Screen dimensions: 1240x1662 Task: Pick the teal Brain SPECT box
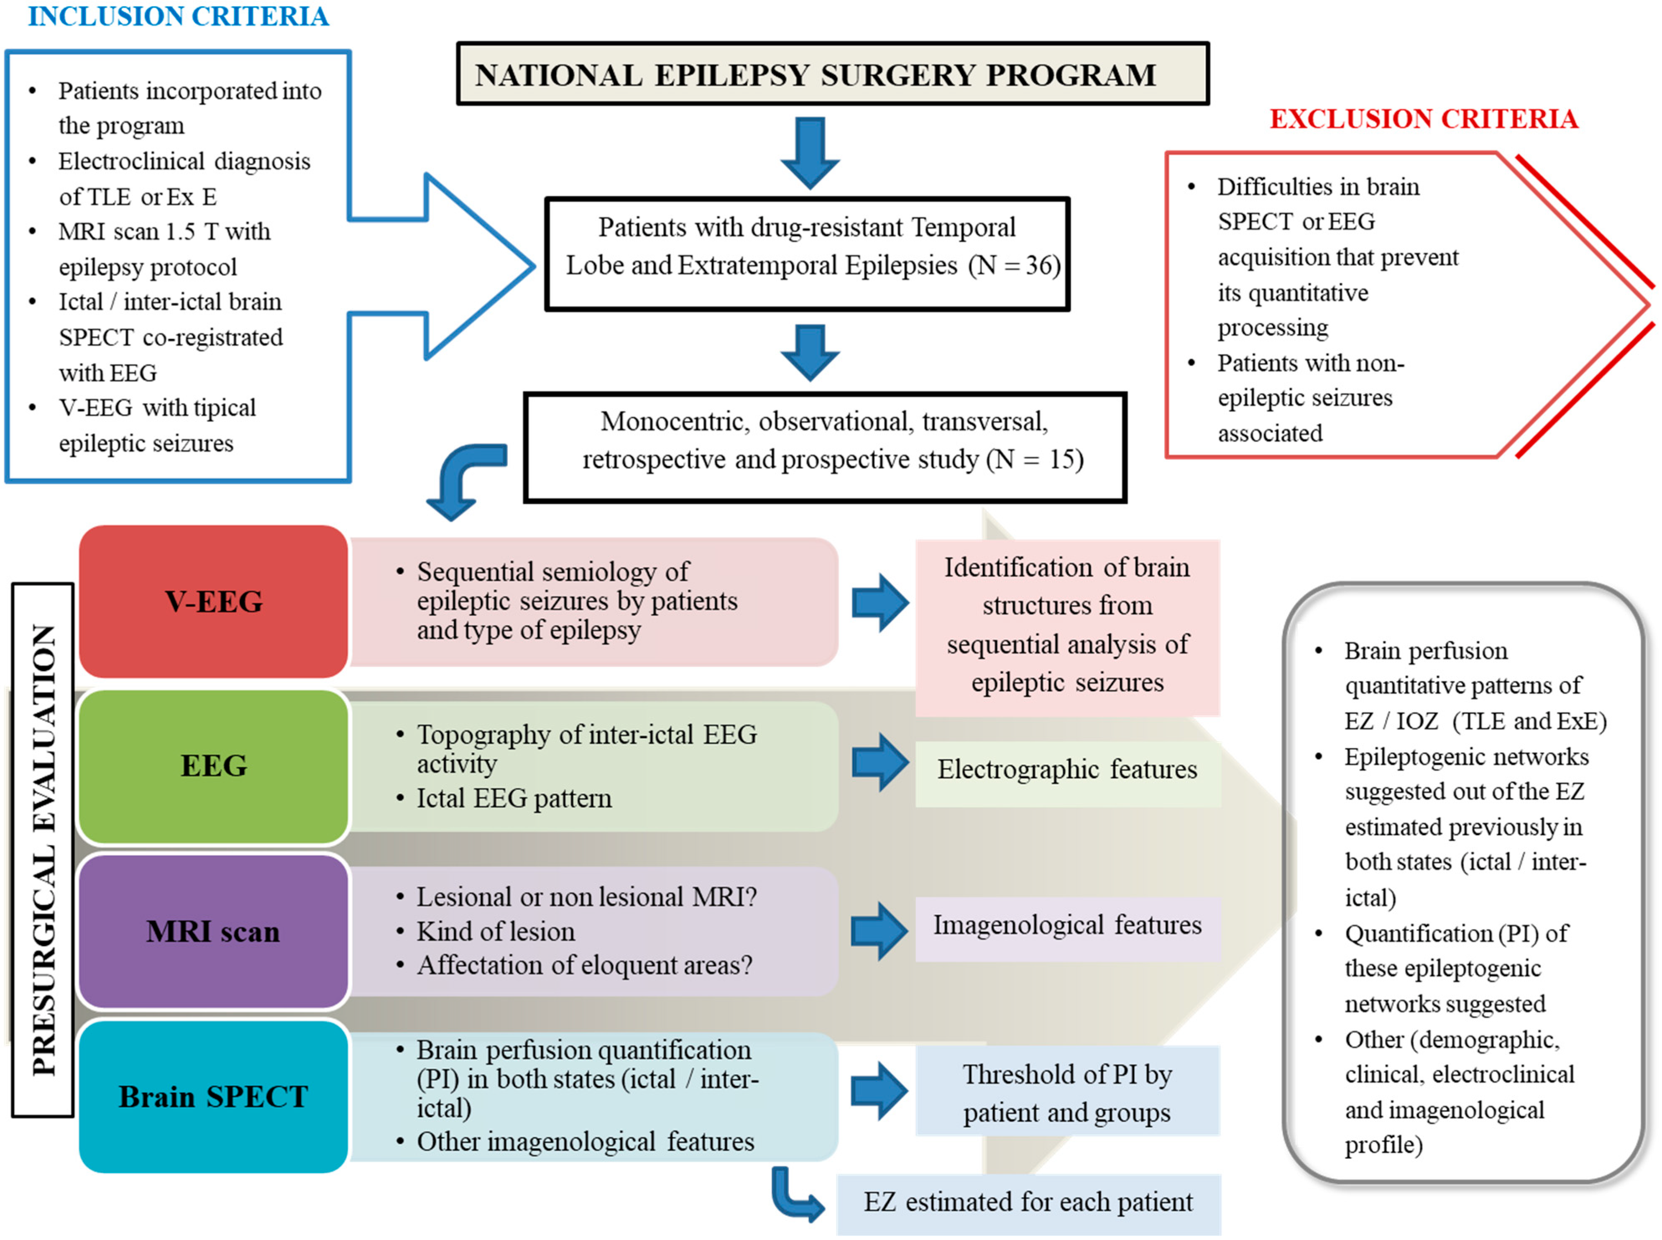pos(213,1097)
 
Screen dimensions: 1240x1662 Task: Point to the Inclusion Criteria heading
pos(179,16)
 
